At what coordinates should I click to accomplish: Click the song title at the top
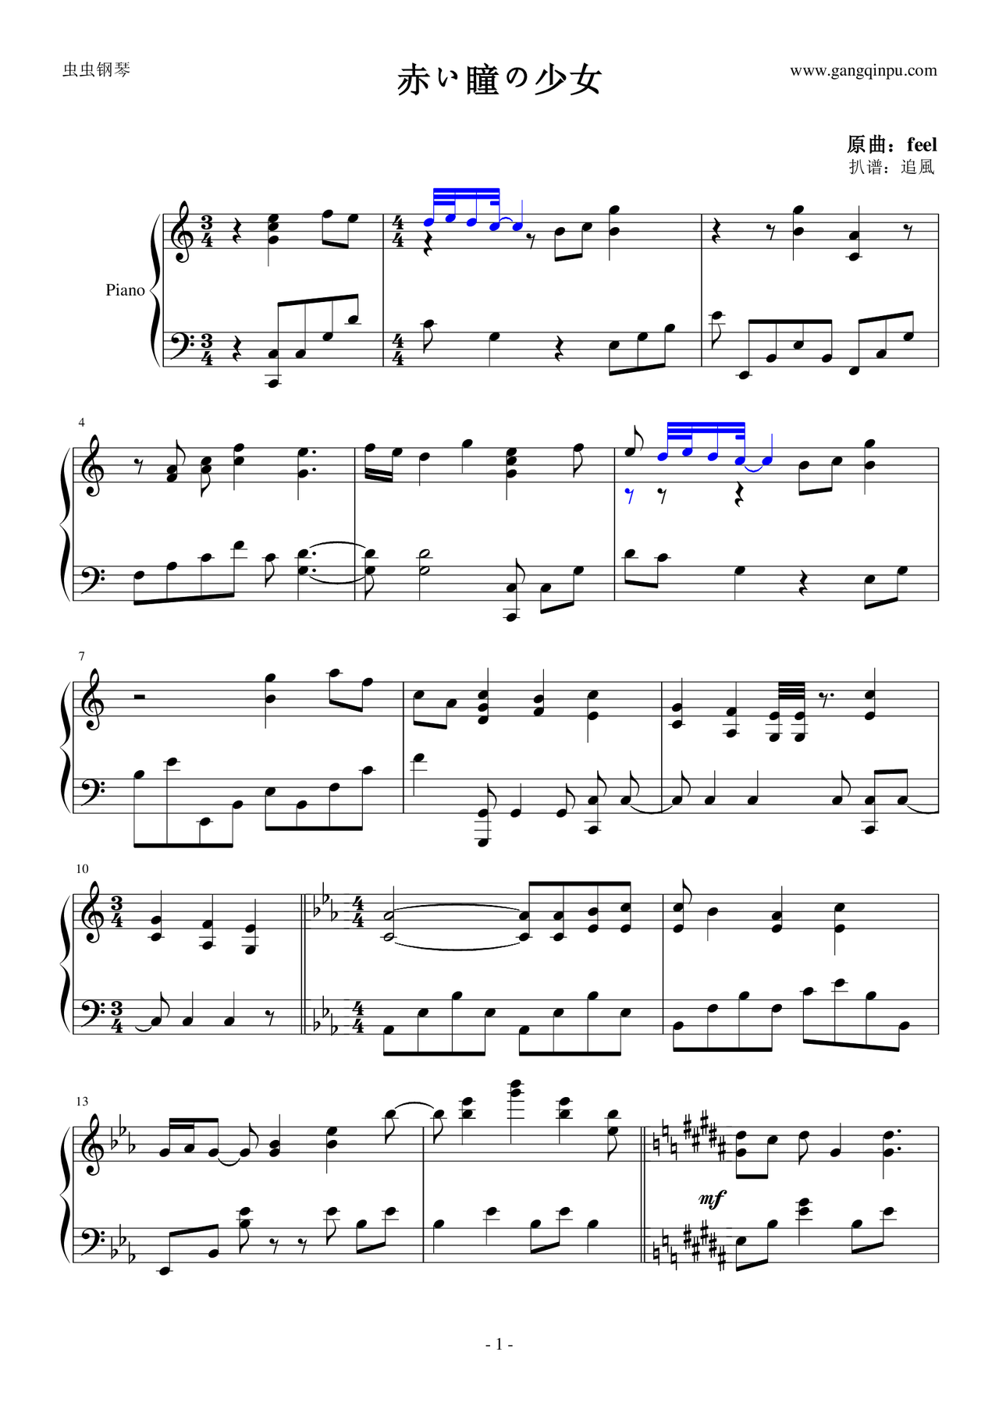click(499, 80)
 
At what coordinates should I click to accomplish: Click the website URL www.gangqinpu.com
click(863, 71)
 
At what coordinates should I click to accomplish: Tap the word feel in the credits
click(922, 144)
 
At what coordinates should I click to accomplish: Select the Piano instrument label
click(125, 290)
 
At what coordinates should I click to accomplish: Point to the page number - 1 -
click(499, 1344)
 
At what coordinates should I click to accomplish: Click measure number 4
click(81, 423)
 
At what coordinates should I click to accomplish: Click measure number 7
click(81, 656)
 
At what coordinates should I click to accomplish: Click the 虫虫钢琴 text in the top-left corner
click(96, 70)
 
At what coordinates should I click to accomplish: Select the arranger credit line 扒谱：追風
click(892, 167)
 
